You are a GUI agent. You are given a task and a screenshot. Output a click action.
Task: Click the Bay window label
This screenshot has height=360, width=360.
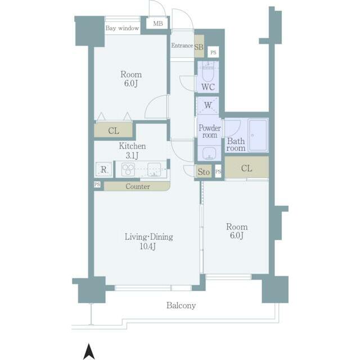point(122,28)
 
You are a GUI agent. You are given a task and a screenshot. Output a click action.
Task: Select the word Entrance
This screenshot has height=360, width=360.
point(182,46)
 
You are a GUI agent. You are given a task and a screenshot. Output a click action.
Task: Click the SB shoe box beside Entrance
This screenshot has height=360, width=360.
point(199,46)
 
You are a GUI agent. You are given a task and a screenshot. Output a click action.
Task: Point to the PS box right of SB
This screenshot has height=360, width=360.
point(213,52)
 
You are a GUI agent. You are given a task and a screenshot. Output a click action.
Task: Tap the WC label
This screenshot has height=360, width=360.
point(207,88)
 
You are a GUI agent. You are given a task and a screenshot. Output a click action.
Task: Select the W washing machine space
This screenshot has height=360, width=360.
point(208,105)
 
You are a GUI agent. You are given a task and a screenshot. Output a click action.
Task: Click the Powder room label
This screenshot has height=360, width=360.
point(209,131)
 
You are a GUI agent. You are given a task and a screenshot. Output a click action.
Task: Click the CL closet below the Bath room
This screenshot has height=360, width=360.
point(246,168)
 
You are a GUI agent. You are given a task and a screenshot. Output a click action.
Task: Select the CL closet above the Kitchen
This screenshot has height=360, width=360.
point(114,131)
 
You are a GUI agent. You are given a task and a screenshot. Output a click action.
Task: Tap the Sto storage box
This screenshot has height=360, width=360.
point(204,172)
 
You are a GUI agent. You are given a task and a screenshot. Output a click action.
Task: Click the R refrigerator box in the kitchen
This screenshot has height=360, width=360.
point(103,169)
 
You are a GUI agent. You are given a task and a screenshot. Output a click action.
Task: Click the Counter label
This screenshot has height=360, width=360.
point(137,186)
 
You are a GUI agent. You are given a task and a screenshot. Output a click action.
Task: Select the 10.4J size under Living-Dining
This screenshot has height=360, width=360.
point(148,246)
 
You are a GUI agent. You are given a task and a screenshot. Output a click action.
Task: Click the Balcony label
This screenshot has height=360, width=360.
point(181,306)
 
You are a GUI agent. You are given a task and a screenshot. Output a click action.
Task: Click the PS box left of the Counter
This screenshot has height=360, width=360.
point(97,184)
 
